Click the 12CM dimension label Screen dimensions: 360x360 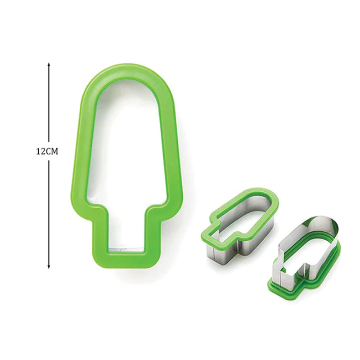pyautogui.click(x=47, y=152)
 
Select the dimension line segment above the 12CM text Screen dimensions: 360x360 pyautogui.click(x=49, y=103)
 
